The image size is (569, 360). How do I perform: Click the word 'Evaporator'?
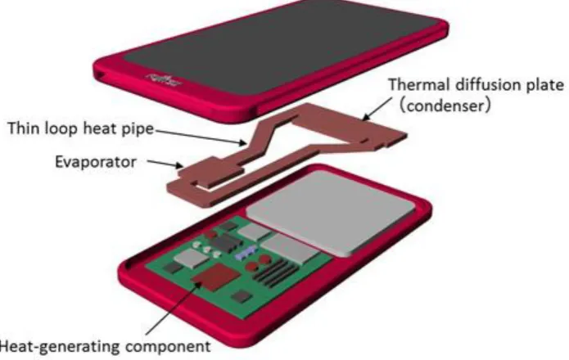(x=96, y=162)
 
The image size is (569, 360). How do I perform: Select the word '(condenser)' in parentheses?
(x=445, y=106)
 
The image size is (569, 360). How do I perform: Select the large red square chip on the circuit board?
(x=216, y=277)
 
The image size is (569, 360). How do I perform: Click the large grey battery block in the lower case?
(x=330, y=211)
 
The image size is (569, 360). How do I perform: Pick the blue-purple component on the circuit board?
(x=246, y=252)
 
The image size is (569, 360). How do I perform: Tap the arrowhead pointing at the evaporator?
(x=179, y=165)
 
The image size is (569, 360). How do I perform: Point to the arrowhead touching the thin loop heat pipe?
(x=242, y=142)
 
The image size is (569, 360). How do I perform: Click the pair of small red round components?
(x=258, y=263)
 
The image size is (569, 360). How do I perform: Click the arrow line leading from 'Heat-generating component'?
(x=174, y=308)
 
